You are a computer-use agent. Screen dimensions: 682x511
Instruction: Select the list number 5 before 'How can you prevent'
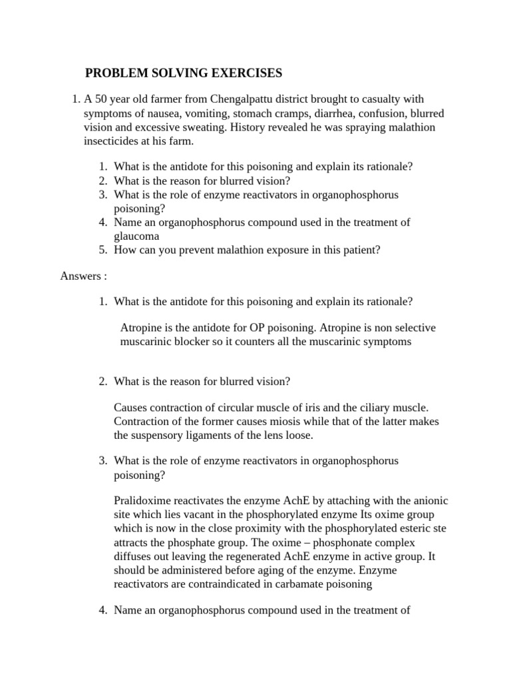pos(103,250)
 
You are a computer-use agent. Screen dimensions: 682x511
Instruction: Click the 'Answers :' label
pos(84,276)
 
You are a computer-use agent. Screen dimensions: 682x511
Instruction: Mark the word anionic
pos(429,501)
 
